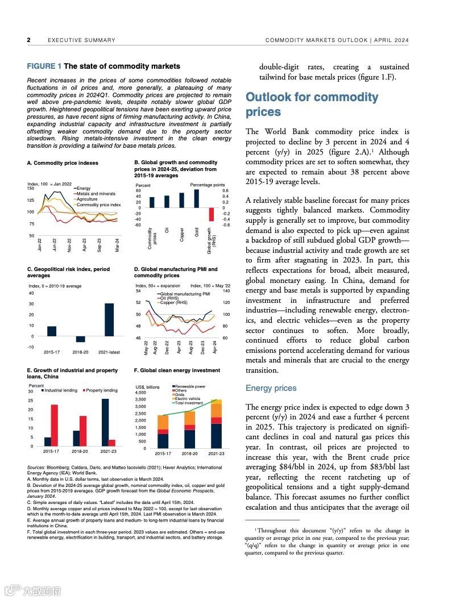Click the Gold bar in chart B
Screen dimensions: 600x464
196,198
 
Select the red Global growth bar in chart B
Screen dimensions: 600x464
211,214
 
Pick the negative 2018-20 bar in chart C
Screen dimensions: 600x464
81,339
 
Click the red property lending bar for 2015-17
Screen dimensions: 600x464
55,425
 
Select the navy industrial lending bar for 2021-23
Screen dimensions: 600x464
105,422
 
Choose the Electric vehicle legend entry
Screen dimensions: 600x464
187,399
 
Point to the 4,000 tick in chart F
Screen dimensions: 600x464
140,393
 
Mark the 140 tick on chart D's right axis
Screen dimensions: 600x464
226,291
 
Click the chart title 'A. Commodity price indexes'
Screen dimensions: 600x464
63,163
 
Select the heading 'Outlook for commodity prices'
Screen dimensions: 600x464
312,105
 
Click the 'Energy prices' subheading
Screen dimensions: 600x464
271,388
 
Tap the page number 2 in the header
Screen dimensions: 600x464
28,40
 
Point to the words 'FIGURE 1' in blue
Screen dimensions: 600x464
44,66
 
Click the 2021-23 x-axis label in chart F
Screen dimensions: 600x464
216,453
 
